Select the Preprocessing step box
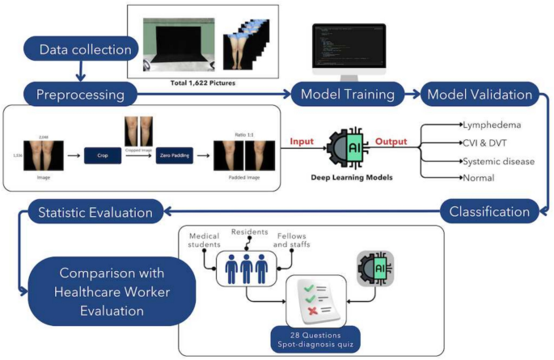click(79, 95)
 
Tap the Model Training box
click(348, 95)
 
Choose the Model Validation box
click(480, 95)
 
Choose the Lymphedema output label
click(492, 125)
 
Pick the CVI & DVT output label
click(485, 143)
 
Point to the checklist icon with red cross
click(311, 301)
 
